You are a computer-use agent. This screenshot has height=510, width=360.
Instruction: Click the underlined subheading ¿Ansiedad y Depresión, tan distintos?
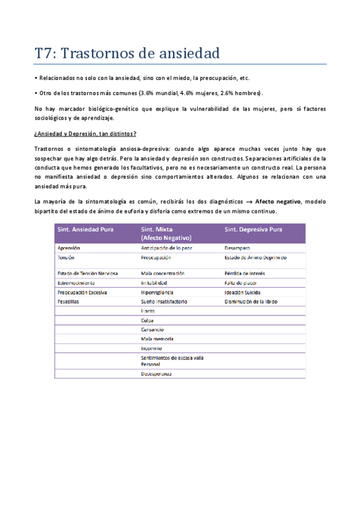(85, 133)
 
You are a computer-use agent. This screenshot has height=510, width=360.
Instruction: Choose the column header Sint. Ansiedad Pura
(85, 229)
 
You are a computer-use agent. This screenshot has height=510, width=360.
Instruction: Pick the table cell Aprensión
(69, 248)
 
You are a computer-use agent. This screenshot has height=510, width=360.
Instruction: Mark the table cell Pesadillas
(67, 301)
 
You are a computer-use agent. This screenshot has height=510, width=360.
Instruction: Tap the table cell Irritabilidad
(154, 283)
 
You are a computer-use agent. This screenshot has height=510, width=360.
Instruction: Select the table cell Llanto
(148, 311)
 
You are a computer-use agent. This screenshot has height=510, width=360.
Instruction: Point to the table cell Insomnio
(151, 348)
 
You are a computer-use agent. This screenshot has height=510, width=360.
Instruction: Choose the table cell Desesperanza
(156, 374)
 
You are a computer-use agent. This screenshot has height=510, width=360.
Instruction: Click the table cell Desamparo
(237, 248)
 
